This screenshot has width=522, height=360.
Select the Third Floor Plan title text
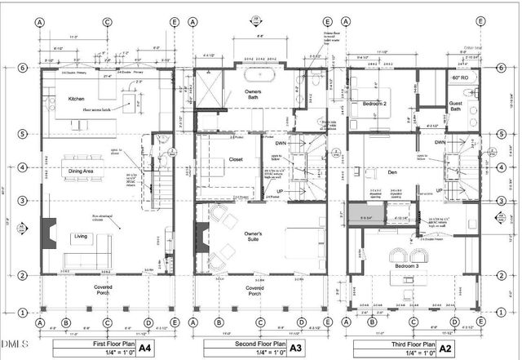click(x=398, y=344)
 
